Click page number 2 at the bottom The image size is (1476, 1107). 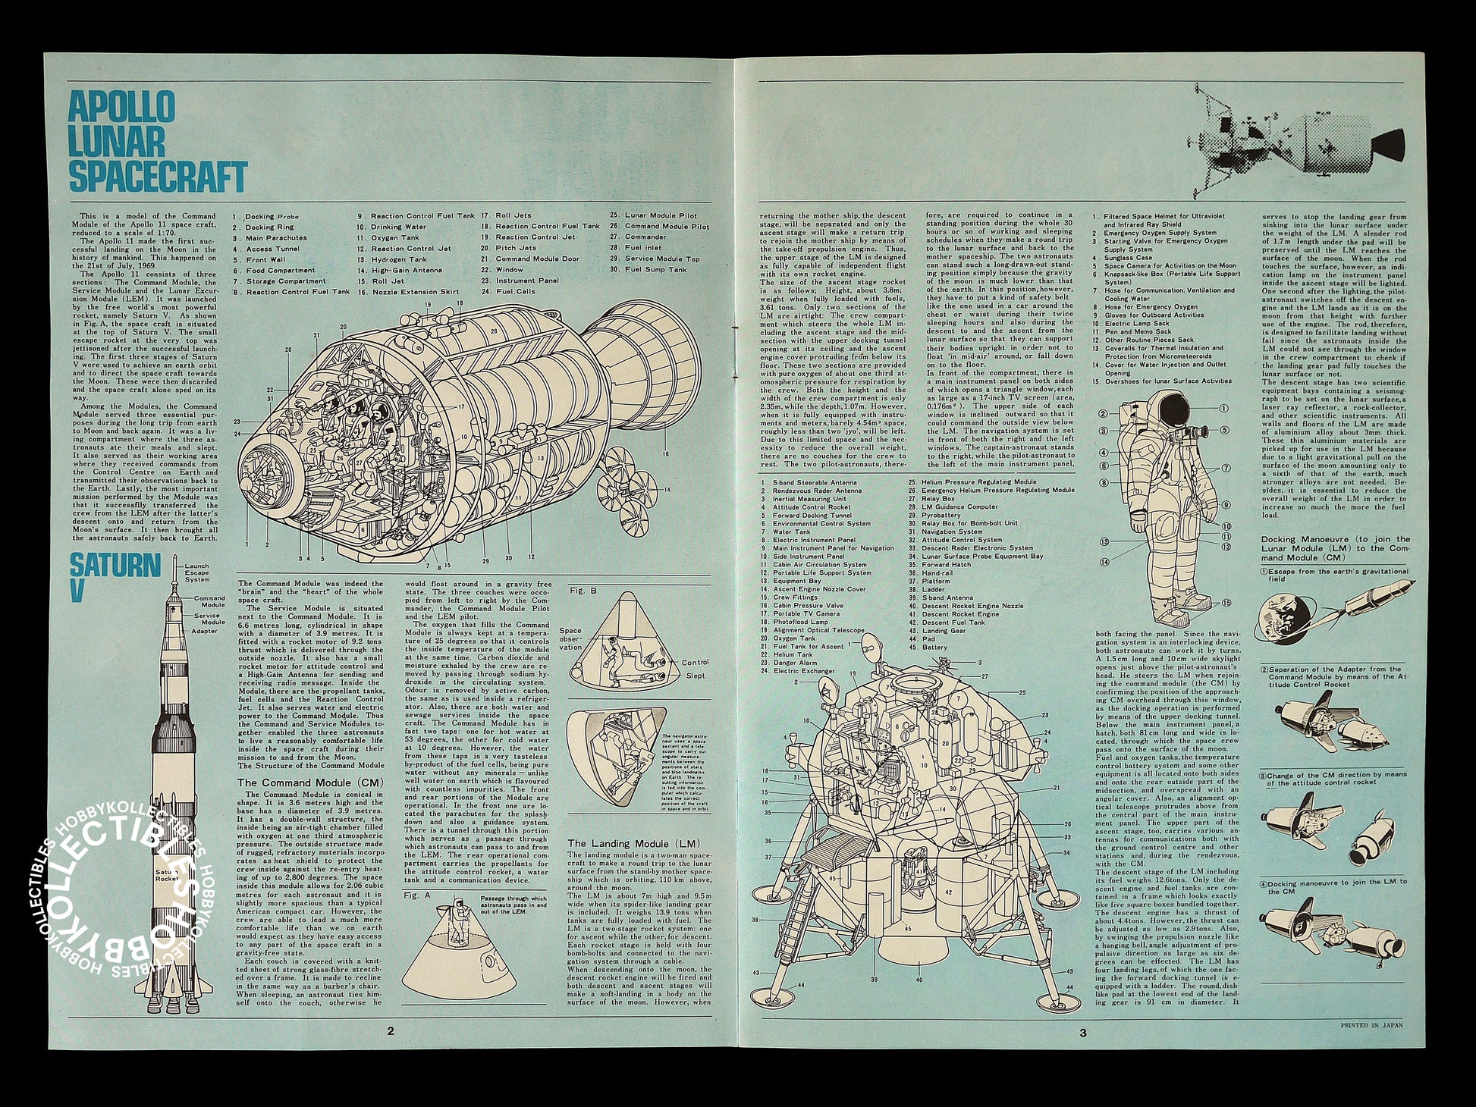[x=390, y=1031]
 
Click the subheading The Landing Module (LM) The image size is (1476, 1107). [x=633, y=843]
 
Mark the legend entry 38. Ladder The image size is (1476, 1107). [x=934, y=589]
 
